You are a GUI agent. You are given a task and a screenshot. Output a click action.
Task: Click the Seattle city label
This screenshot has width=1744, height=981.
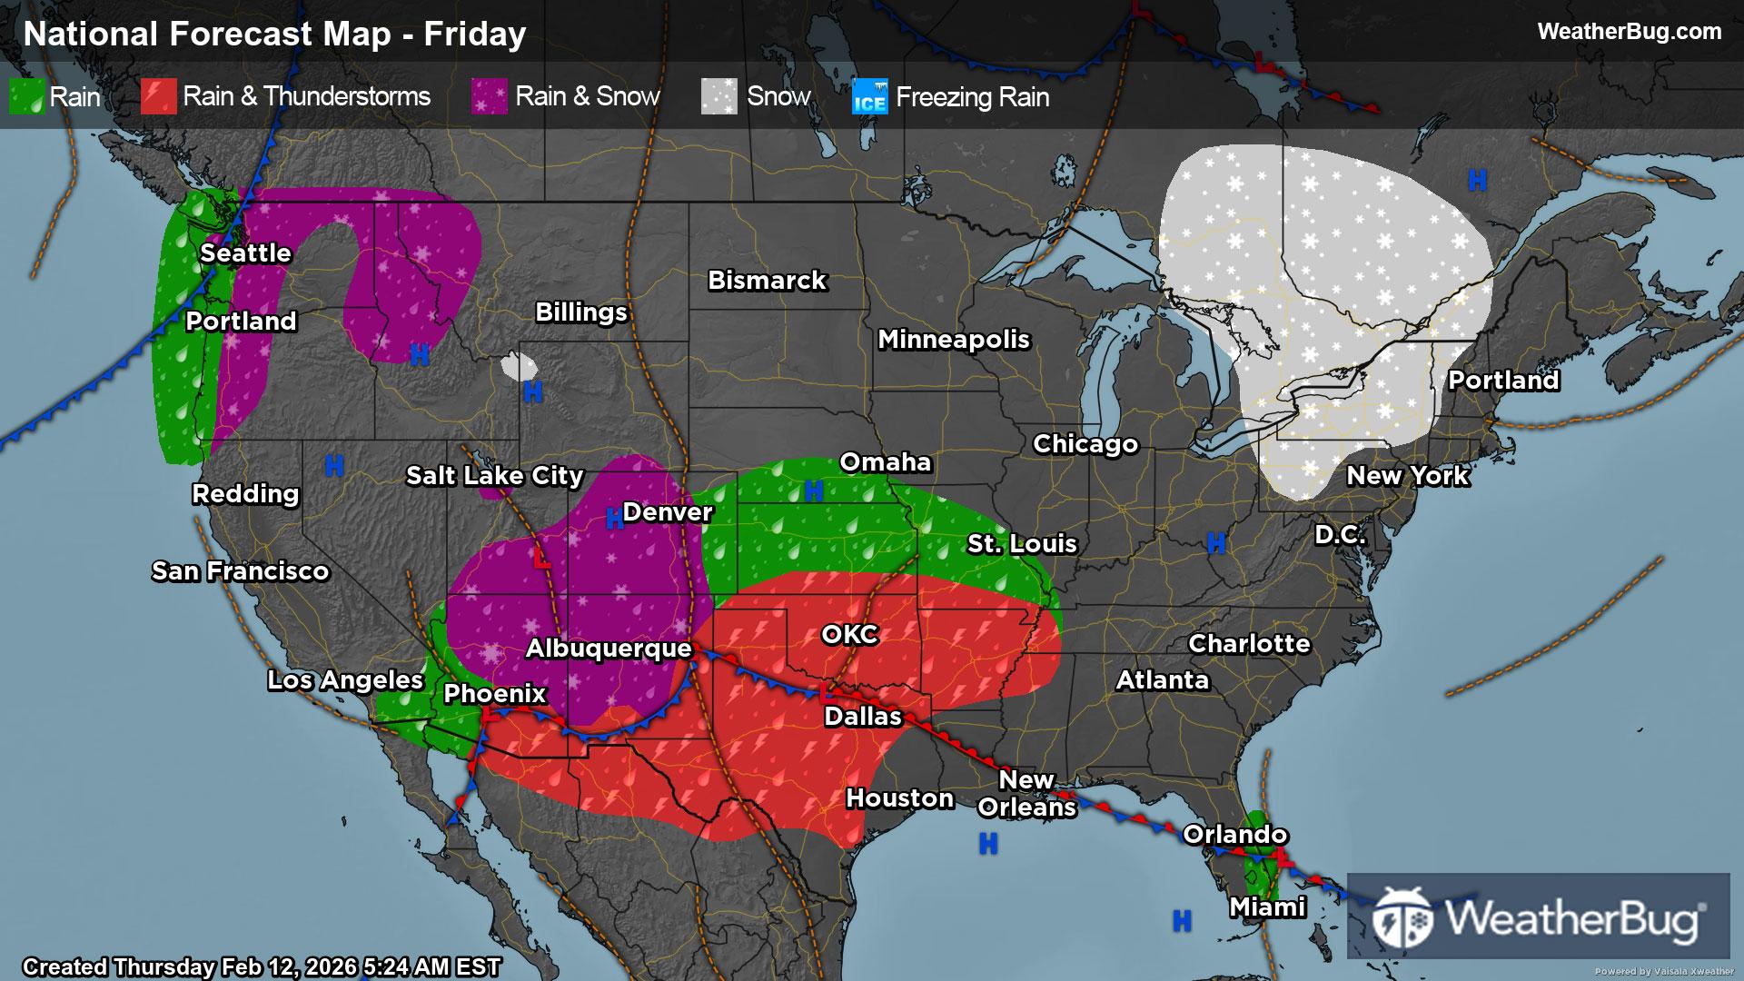(x=245, y=253)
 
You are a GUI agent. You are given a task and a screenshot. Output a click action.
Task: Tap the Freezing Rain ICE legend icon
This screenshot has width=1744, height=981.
(x=869, y=97)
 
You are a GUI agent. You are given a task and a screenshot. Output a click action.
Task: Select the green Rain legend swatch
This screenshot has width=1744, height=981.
(x=26, y=97)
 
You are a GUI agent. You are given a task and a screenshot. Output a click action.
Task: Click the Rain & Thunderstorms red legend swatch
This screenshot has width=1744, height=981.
(x=158, y=97)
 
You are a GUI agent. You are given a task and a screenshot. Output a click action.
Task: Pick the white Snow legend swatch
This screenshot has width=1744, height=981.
(x=718, y=97)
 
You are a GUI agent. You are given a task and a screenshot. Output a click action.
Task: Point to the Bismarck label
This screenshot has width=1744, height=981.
(x=767, y=281)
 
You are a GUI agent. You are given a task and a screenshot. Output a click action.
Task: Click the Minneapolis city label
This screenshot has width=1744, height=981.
(x=953, y=340)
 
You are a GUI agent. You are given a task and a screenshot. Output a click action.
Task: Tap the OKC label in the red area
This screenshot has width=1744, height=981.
(x=849, y=634)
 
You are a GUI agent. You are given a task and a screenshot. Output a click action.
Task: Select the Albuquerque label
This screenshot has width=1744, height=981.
(x=609, y=649)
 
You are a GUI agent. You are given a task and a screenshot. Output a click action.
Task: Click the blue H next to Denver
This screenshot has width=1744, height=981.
(x=614, y=520)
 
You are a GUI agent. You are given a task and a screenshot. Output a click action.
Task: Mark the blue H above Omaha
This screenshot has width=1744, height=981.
(x=814, y=491)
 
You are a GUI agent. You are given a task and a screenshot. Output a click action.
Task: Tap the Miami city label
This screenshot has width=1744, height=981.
(x=1267, y=907)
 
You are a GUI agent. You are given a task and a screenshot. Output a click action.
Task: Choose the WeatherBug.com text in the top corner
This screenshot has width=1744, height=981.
(x=1629, y=32)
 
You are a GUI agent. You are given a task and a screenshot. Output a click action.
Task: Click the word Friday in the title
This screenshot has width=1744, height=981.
(x=475, y=35)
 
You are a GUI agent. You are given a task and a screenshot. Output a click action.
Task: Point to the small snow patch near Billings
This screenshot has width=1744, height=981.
(x=520, y=367)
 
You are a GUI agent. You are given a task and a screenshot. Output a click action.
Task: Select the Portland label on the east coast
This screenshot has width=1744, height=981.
(x=1503, y=381)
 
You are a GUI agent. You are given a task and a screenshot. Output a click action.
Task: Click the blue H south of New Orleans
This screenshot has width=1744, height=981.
(x=988, y=844)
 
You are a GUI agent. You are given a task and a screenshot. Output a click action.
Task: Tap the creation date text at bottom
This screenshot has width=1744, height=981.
(x=262, y=967)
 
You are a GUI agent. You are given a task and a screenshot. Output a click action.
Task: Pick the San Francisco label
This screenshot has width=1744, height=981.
(x=240, y=571)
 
